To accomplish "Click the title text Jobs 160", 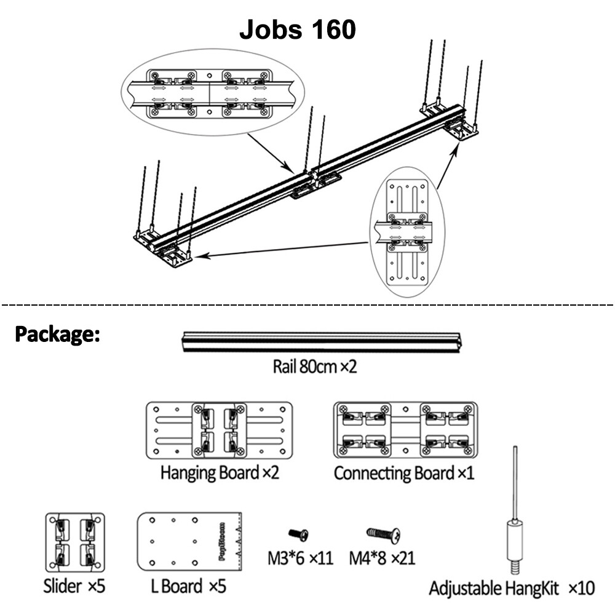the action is click(x=297, y=30).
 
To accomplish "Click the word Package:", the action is click(x=57, y=334).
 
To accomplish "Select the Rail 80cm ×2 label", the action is click(x=315, y=367).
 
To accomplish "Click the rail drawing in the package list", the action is click(x=322, y=343).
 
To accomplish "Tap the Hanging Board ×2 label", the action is click(x=220, y=472).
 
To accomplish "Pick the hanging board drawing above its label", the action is click(x=220, y=430).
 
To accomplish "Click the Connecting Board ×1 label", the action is click(x=404, y=472).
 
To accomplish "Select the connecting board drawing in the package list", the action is click(x=405, y=430).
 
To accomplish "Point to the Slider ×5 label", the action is click(x=74, y=586).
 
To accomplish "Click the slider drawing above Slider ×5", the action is click(x=75, y=542).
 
